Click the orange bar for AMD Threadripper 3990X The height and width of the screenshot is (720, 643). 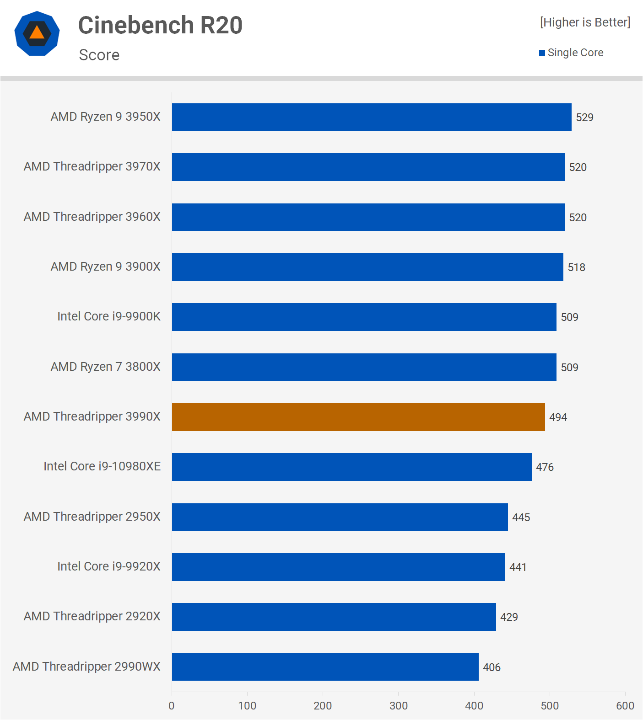coord(358,417)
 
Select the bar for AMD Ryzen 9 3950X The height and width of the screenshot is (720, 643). coord(372,117)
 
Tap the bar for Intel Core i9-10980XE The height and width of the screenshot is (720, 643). coord(351,467)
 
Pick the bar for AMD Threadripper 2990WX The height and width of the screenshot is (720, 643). coord(325,667)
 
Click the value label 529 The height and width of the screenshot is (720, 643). coord(584,117)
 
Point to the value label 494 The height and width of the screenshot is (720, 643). coord(558,417)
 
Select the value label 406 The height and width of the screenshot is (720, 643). coord(492,667)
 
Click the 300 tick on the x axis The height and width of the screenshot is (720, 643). coord(398,705)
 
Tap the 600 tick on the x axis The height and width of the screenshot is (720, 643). coord(625,705)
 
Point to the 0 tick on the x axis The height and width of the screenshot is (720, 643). coord(172,705)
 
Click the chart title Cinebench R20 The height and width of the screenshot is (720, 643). coord(160,25)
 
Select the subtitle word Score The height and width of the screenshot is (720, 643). coord(99,55)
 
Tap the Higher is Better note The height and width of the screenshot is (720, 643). coord(585,22)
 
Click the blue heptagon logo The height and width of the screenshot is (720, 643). coord(37,33)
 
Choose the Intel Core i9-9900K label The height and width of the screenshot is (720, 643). coord(109,316)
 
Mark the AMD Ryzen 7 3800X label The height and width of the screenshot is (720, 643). coord(106,367)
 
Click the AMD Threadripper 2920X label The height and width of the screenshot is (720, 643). coord(92,616)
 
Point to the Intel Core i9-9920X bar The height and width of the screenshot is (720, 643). coord(338,567)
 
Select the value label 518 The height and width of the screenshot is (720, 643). coord(576,267)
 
